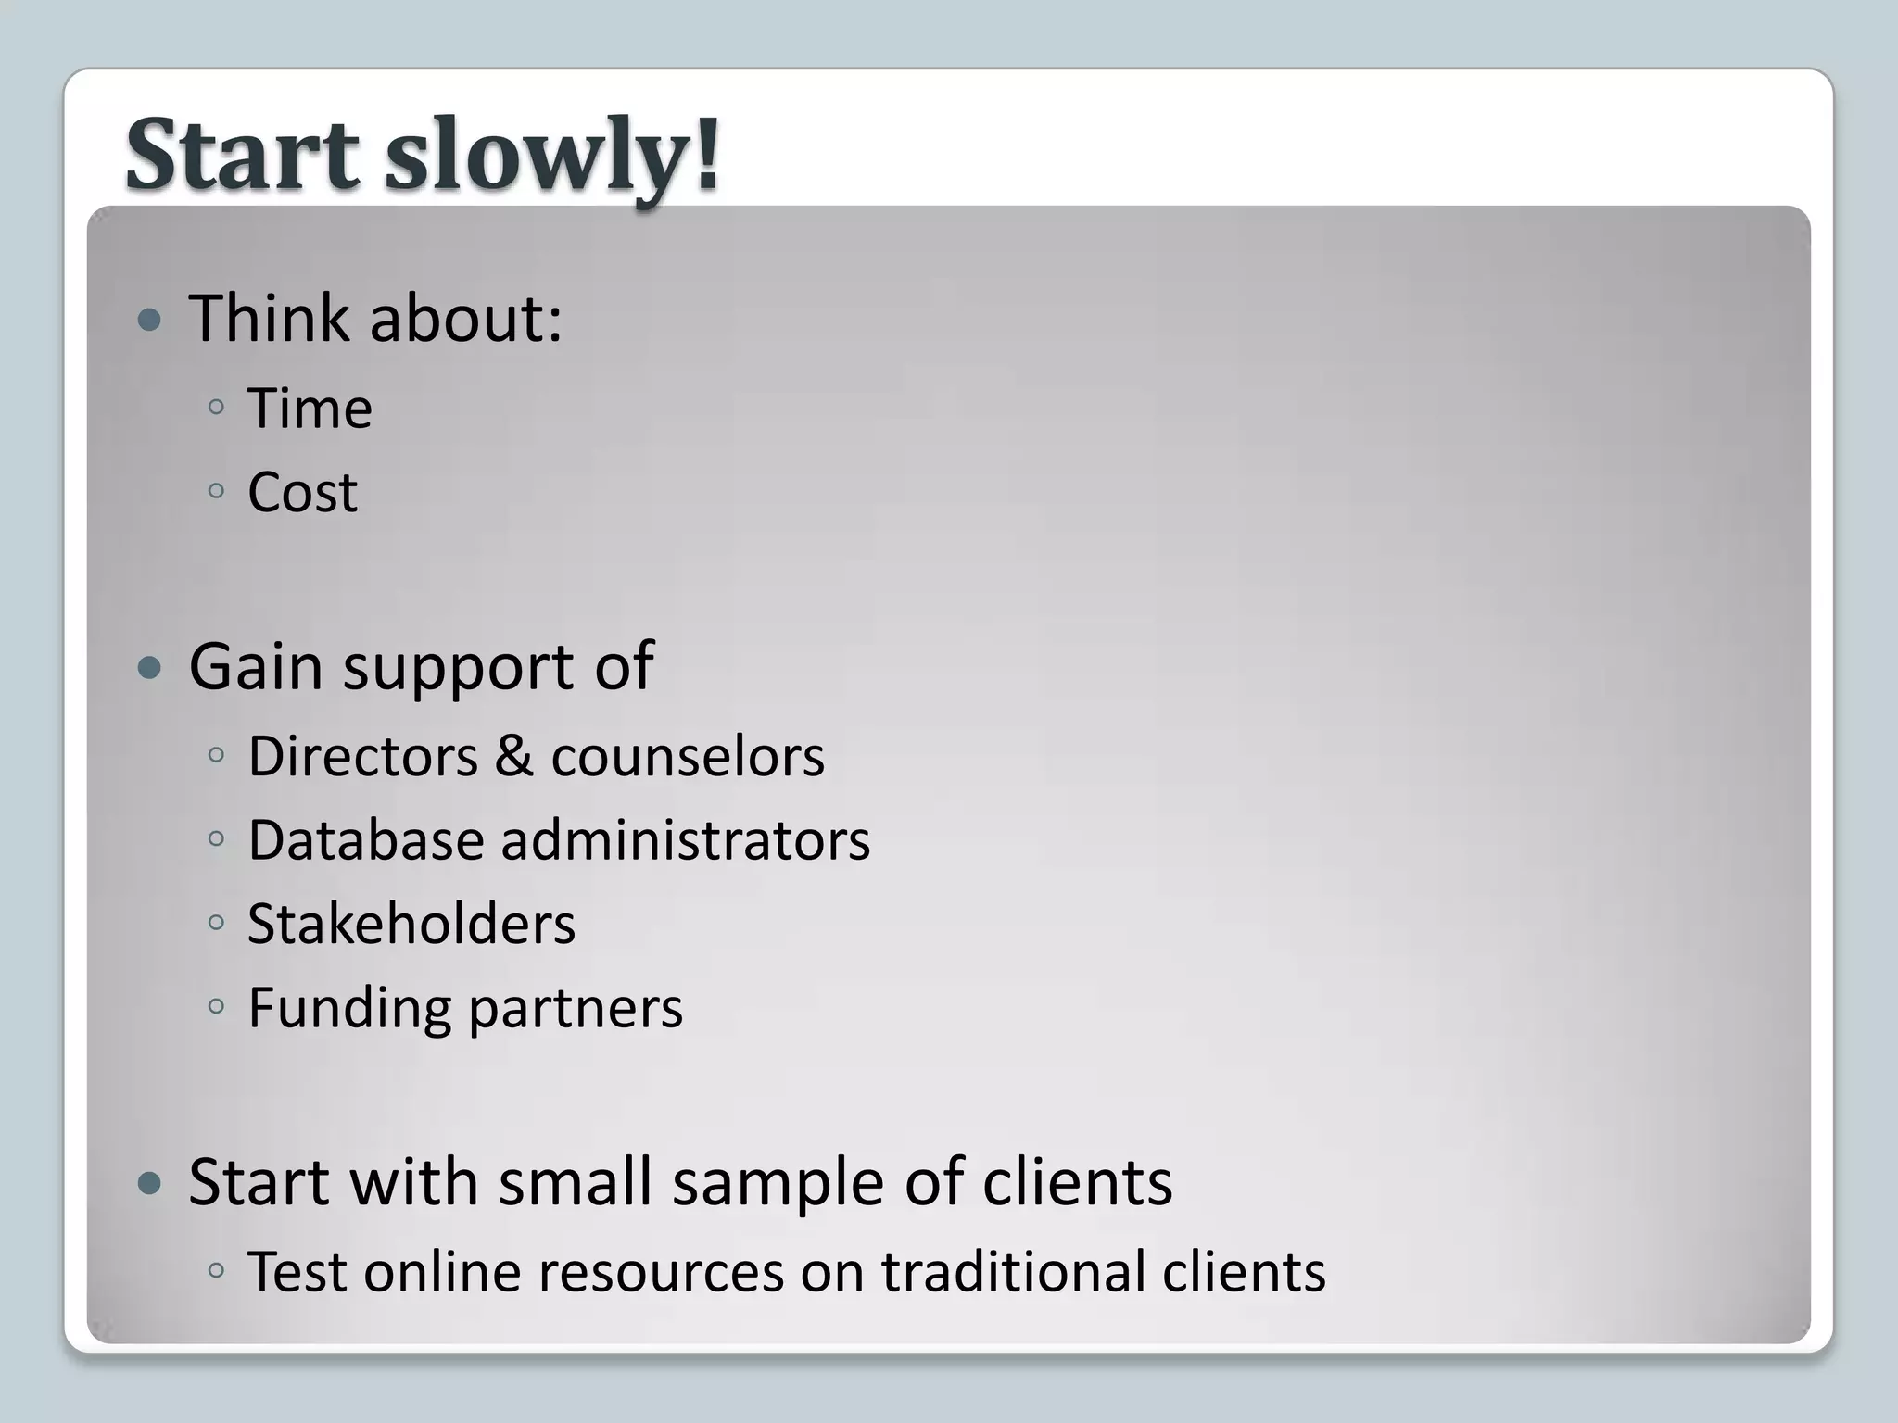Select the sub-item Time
(310, 409)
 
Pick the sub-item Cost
(302, 492)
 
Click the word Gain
(255, 666)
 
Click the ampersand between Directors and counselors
(513, 756)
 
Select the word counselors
(687, 757)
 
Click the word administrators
(685, 840)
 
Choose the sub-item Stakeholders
(411, 924)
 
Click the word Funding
(350, 1009)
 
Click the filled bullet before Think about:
(148, 321)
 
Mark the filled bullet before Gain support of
(148, 668)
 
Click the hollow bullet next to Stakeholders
(217, 923)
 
